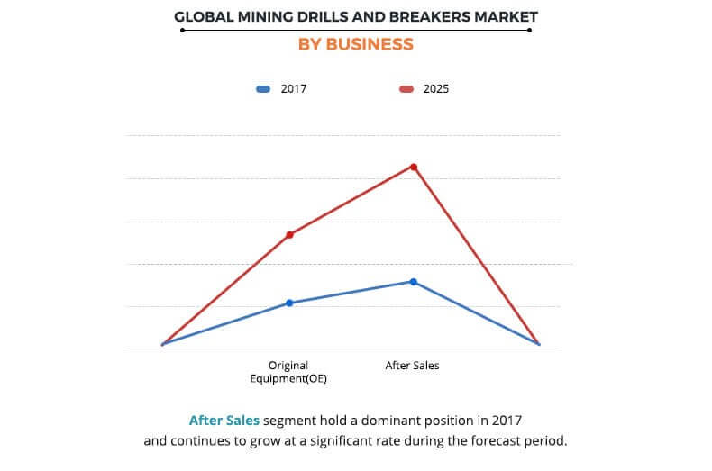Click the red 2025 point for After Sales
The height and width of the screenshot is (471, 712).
pyautogui.click(x=414, y=167)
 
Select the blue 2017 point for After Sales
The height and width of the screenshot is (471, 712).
pyautogui.click(x=414, y=282)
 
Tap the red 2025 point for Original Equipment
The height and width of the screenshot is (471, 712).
pyautogui.click(x=289, y=235)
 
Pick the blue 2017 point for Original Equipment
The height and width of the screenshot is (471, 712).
pyautogui.click(x=289, y=303)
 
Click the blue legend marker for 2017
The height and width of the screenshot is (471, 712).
pyautogui.click(x=263, y=89)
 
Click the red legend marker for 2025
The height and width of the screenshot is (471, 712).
pyautogui.click(x=406, y=89)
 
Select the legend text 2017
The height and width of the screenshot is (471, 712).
pyautogui.click(x=295, y=89)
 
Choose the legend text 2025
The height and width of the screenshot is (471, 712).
pyautogui.click(x=436, y=89)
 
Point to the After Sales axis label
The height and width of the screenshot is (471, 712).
pyautogui.click(x=412, y=366)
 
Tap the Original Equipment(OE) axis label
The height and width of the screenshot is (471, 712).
pyautogui.click(x=288, y=372)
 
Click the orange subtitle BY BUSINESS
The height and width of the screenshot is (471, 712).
pyautogui.click(x=356, y=44)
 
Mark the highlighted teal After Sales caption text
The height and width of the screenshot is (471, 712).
pyautogui.click(x=224, y=421)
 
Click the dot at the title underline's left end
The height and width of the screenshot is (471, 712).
pyautogui.click(x=182, y=30)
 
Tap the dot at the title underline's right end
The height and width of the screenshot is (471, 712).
pyautogui.click(x=529, y=30)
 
